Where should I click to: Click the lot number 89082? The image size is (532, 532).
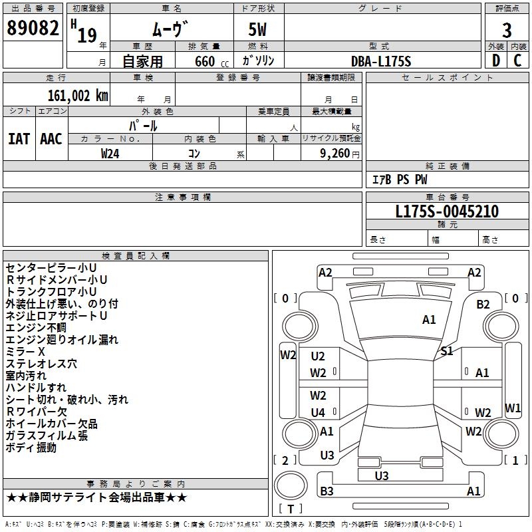(x=33, y=28)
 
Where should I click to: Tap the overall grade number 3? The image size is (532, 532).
(x=507, y=31)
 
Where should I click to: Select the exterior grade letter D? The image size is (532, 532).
(x=496, y=61)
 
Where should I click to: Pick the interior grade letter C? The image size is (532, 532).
(x=517, y=61)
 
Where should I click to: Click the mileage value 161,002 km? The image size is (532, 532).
(x=78, y=96)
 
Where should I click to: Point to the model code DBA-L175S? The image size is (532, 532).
(x=381, y=61)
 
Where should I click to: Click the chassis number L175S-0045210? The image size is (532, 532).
(x=447, y=211)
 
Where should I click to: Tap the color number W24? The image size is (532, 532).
(x=110, y=154)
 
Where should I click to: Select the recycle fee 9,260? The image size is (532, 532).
(x=335, y=154)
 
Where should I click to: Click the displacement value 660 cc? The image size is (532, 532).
(x=211, y=62)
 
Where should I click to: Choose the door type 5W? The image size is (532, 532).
(x=257, y=29)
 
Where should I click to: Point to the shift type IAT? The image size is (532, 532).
(x=19, y=139)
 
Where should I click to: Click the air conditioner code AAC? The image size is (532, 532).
(x=51, y=139)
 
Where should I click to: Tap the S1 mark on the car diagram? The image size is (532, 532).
(x=446, y=351)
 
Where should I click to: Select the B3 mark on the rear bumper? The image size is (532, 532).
(x=327, y=491)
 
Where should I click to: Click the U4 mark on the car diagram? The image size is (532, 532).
(x=318, y=412)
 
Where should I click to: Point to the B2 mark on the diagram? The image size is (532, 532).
(x=483, y=305)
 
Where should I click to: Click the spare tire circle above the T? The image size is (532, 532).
(x=291, y=485)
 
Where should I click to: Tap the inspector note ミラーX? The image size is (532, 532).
(x=25, y=352)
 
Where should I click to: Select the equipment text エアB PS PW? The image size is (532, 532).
(x=400, y=180)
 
